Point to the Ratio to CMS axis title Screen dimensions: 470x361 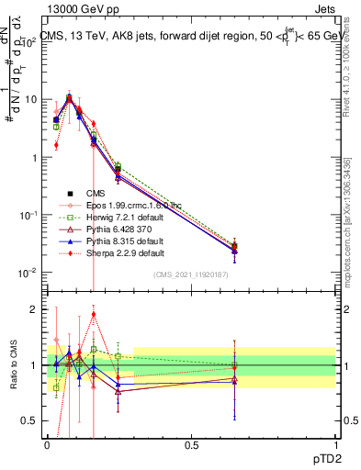click(x=12, y=366)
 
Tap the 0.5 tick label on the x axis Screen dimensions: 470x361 click(x=191, y=444)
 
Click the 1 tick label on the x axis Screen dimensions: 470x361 click(x=334, y=444)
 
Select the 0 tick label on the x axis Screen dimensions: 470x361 click(x=48, y=444)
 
